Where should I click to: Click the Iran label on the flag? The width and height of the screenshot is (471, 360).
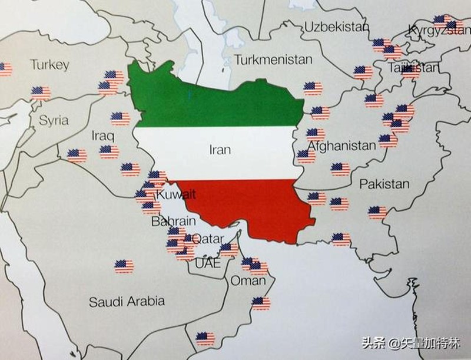pos(220,149)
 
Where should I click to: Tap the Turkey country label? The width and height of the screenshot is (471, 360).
pos(50,65)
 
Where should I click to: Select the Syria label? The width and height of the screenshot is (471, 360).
pos(54,121)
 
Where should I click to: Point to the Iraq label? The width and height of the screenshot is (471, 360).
pos(102,136)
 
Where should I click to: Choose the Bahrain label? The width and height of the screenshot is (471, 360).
pos(169,222)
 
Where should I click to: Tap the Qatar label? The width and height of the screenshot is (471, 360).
pos(208,239)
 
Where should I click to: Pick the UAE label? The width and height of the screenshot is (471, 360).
pos(207,263)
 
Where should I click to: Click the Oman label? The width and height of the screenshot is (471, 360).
pos(247,280)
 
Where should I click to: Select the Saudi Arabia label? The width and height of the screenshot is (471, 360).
pos(127,302)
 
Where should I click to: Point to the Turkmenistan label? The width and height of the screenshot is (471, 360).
pos(273,60)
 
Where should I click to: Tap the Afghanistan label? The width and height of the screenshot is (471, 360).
pos(341,146)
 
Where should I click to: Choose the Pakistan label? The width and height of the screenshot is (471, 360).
pos(384,184)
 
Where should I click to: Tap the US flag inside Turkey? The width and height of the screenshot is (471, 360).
pos(41,93)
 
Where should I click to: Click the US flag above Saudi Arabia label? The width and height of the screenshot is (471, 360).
pos(124,266)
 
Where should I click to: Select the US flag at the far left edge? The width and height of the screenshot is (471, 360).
pos(5,69)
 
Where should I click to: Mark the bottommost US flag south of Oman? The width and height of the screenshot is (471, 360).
pos(205,338)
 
